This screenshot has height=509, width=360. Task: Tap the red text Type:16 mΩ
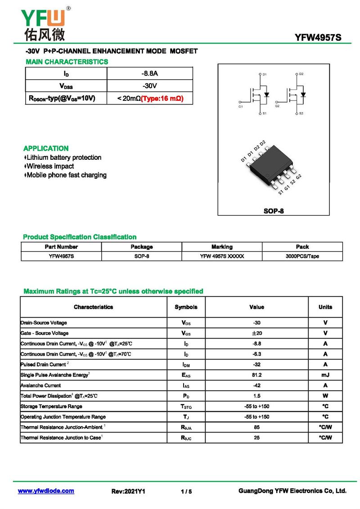(162, 98)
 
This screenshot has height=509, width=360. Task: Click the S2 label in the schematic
(301, 113)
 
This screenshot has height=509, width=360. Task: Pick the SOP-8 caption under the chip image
(274, 211)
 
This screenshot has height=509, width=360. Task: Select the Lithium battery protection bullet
(63, 158)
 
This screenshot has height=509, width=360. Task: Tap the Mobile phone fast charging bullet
(66, 175)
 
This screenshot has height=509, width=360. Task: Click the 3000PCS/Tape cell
(302, 256)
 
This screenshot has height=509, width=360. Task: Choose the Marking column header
(222, 247)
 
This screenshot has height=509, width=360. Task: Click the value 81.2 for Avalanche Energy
(256, 375)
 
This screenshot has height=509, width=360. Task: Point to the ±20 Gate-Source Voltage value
(256, 333)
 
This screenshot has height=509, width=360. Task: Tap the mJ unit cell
(325, 375)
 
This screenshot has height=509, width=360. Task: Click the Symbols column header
(186, 307)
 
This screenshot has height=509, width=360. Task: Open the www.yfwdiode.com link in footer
(46, 491)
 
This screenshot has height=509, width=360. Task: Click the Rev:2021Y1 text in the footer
(128, 491)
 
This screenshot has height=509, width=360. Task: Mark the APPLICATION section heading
(46, 149)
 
